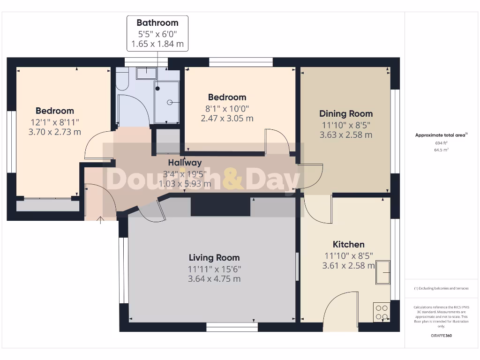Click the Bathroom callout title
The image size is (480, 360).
pos(157,22)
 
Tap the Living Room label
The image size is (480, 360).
pos(214,257)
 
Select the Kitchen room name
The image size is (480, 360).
pos(348,244)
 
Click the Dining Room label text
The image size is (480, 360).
pos(346,113)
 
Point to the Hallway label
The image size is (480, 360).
pos(185,163)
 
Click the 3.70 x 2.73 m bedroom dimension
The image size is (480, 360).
pos(55,132)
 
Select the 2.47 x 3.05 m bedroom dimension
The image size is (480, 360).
pos(227,118)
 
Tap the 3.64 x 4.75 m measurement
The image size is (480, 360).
pos(214,278)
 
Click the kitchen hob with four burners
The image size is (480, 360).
pos(381,312)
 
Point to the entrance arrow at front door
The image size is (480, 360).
pos(100,219)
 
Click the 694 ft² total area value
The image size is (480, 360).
pos(442,142)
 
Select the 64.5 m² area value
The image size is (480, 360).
pos(442,150)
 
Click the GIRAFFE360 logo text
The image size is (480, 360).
pos(442,336)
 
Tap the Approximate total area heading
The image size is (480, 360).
pos(441,135)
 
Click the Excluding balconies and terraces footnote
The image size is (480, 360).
pos(442,288)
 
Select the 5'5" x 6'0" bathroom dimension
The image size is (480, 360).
pos(157,34)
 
